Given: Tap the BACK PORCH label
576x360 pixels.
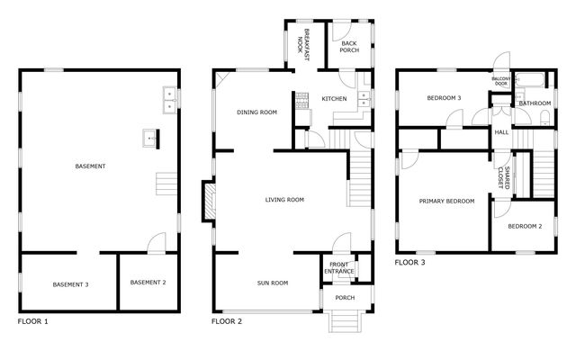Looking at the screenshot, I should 349,47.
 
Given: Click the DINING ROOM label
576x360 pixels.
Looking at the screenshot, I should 256,112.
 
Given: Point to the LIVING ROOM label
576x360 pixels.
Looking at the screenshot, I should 284,200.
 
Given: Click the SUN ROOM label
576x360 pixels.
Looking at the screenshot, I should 272,283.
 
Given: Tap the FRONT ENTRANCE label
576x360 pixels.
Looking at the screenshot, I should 339,268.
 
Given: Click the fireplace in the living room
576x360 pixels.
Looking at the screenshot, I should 208,200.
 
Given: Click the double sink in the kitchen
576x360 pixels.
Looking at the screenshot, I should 363,101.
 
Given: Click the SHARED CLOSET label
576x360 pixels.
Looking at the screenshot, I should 506,177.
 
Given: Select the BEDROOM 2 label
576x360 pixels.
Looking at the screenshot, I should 524,226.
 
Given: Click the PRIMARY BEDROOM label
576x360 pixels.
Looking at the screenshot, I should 446,201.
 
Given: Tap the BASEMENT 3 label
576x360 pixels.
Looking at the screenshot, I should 70,284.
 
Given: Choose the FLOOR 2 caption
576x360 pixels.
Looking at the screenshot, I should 227,321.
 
